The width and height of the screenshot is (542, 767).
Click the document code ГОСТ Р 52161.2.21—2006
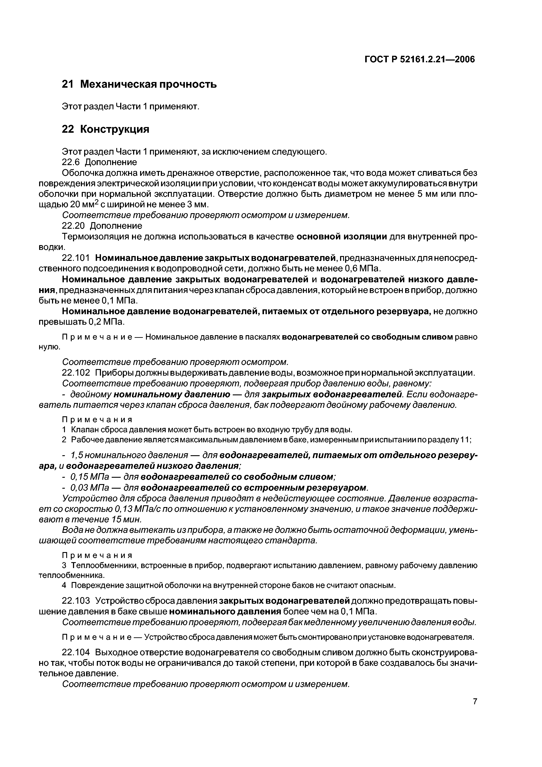point(419,59)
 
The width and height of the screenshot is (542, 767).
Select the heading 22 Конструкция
point(106,129)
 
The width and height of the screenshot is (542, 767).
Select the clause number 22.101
point(76,258)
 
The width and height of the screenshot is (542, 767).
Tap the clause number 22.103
point(76,601)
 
